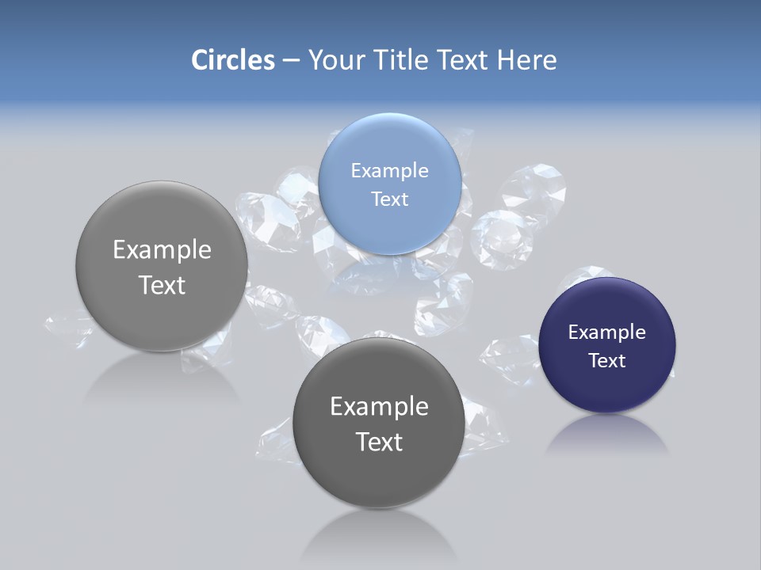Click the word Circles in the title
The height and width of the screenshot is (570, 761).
232,60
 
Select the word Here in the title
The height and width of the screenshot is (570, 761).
527,60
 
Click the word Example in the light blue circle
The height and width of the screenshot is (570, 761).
389,170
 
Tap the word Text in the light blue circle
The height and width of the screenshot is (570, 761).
389,199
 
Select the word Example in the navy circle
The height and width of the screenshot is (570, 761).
606,332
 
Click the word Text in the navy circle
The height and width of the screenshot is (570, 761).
607,360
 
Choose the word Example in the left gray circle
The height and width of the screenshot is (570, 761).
162,249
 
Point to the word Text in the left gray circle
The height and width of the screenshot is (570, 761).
162,285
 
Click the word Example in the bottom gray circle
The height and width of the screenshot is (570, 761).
379,406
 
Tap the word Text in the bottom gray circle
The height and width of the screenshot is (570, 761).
379,442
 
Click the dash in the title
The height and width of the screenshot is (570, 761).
291,60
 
